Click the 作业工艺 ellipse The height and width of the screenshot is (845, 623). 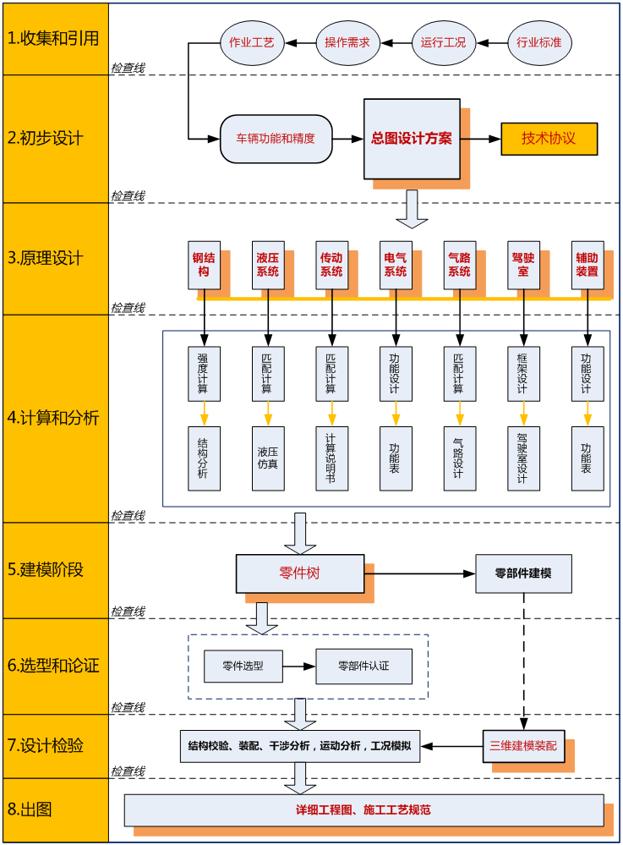coord(252,41)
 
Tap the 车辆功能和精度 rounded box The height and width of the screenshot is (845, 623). coord(276,139)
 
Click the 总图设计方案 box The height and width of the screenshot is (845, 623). coord(412,139)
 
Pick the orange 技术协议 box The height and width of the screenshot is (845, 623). coord(549,139)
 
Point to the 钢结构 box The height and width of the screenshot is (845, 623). coord(204,265)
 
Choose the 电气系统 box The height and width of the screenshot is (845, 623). coord(396,265)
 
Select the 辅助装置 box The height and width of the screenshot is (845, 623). coord(587,265)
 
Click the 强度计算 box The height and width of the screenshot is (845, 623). coord(204,372)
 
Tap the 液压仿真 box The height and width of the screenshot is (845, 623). coord(268,458)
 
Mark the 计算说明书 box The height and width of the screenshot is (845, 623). coord(331,458)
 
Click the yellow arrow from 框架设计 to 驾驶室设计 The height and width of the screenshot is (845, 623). coord(523,414)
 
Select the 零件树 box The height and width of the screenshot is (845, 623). coord(300,573)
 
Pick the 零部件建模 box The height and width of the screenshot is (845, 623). coord(523,573)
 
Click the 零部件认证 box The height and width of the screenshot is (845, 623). coord(363,666)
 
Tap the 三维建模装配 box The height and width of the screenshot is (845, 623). coord(524,746)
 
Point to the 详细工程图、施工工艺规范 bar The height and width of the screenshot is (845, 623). coord(363,809)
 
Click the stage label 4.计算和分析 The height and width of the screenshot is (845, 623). coord(54,418)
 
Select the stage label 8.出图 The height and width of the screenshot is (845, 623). coord(54,809)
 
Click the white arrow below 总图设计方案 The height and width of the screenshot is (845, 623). coord(412,208)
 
